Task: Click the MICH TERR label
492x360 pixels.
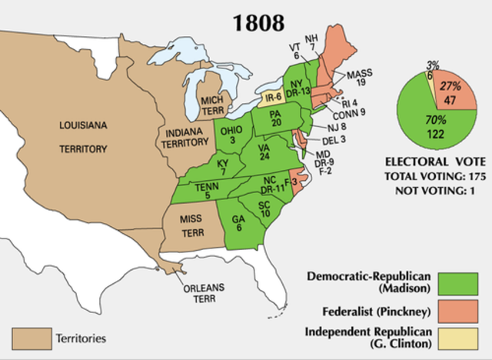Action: [x=212, y=106]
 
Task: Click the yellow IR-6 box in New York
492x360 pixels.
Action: [x=273, y=98]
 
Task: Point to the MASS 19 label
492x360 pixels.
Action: [x=359, y=80]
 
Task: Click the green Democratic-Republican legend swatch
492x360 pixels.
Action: [x=459, y=282]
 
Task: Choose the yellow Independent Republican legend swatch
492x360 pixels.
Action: [x=459, y=339]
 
